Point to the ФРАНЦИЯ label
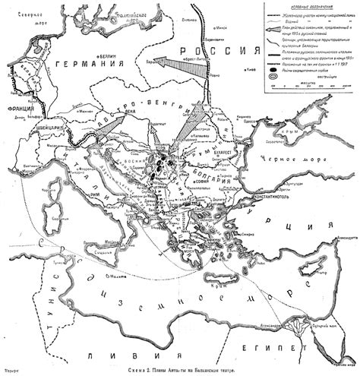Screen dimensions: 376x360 tap(14, 109)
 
